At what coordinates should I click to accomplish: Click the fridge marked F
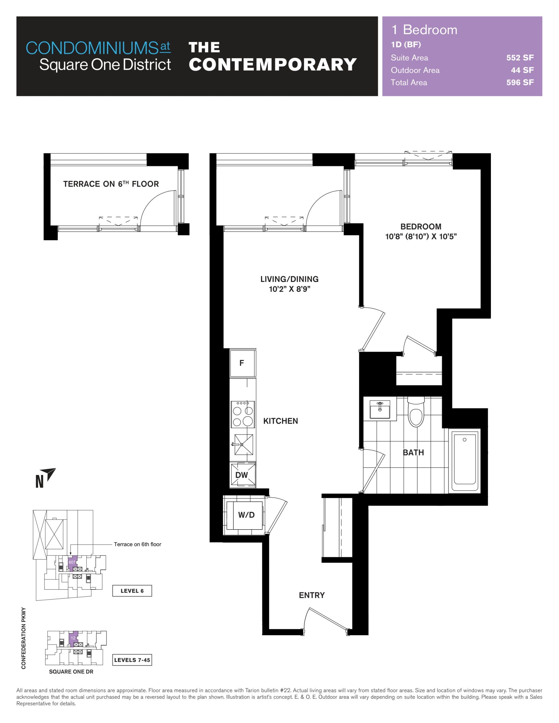[242, 363]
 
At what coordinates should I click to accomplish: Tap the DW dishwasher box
[243, 475]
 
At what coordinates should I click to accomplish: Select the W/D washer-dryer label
[246, 515]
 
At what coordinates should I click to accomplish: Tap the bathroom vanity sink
[380, 410]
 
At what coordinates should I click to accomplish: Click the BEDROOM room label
[421, 227]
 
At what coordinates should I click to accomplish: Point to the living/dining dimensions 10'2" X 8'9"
[290, 289]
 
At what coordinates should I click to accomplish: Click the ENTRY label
[312, 595]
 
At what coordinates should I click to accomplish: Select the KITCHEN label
[280, 421]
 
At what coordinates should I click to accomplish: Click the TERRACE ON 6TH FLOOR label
[111, 184]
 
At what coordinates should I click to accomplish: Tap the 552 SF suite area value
[519, 58]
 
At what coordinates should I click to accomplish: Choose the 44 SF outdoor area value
[522, 70]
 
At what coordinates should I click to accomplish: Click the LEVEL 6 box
[132, 591]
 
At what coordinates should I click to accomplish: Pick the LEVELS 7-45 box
[132, 660]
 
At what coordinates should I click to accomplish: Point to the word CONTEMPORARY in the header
[272, 65]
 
